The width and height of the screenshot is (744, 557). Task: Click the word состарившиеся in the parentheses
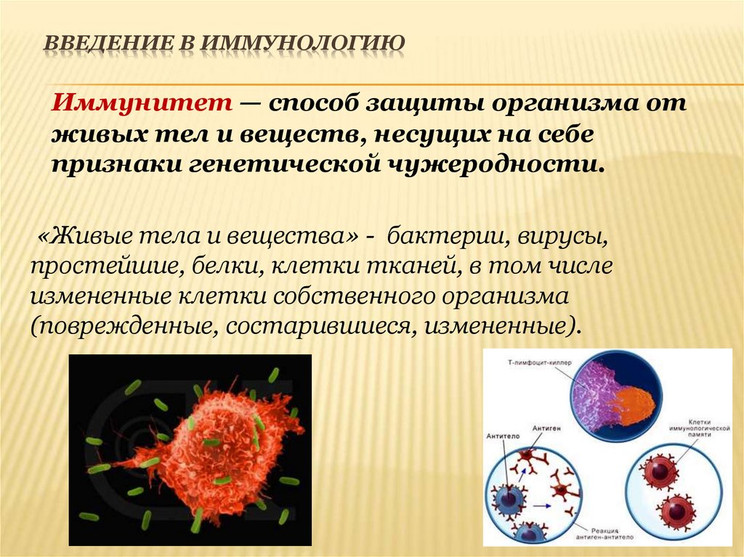[x=320, y=324]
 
